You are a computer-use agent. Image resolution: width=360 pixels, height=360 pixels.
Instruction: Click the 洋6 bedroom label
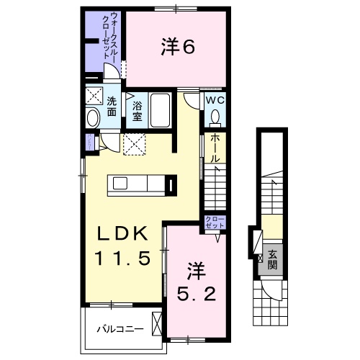click(x=177, y=48)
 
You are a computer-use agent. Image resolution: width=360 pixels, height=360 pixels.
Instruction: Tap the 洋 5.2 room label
click(x=195, y=283)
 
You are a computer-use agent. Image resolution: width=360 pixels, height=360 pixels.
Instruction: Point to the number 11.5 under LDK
click(x=124, y=258)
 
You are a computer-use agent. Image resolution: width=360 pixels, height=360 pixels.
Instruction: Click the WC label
click(x=216, y=102)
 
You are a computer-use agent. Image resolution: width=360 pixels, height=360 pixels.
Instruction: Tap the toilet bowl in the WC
click(x=217, y=117)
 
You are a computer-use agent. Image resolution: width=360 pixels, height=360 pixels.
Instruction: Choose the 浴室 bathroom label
click(x=137, y=112)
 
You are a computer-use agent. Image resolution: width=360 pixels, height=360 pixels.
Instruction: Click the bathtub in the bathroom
click(x=160, y=112)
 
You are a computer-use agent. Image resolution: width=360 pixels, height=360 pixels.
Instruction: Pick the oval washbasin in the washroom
click(x=93, y=118)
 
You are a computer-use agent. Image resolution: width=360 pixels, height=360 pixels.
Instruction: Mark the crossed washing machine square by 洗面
click(x=94, y=96)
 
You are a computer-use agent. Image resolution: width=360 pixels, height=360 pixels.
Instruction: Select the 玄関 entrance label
click(x=274, y=258)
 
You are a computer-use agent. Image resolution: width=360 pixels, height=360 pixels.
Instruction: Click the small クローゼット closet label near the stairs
click(x=215, y=222)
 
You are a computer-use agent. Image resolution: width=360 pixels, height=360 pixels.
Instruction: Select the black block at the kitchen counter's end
click(x=171, y=186)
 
